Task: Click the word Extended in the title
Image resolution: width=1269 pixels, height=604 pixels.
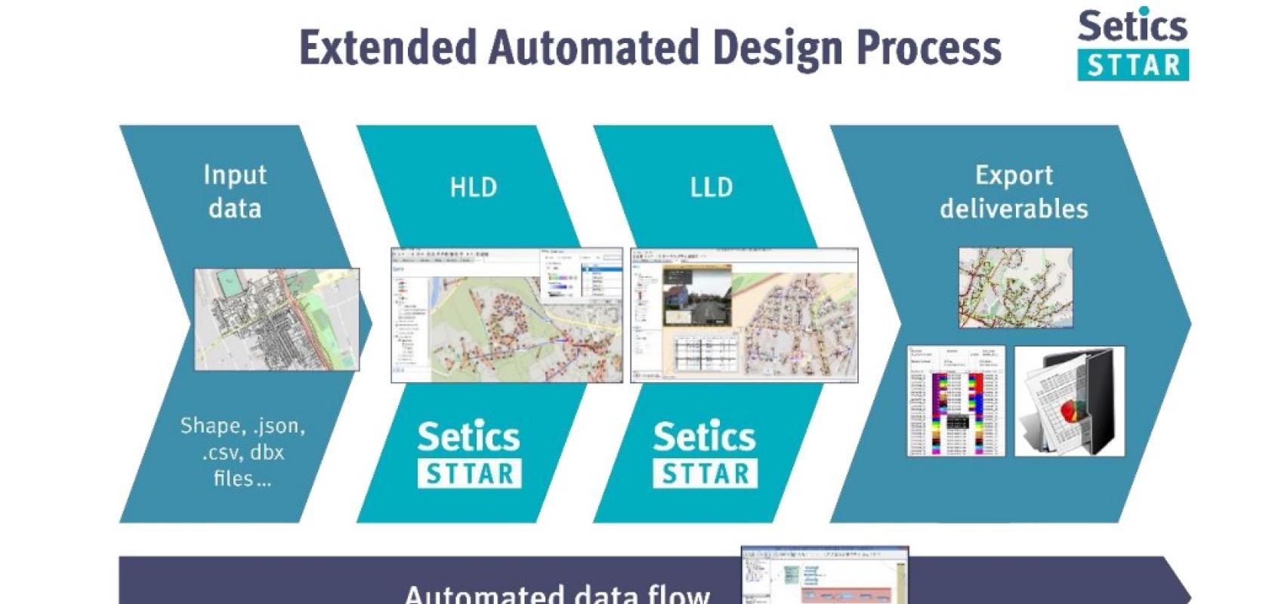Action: (388, 48)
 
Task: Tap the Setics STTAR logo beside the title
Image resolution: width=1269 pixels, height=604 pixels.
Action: (1132, 45)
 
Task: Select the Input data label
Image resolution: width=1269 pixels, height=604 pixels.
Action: (235, 192)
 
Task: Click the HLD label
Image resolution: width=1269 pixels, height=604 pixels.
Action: (474, 187)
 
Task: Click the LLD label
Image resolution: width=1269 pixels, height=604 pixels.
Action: (712, 187)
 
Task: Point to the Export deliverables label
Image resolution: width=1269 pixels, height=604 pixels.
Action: (1014, 192)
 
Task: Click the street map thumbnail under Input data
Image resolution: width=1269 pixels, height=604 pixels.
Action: (276, 319)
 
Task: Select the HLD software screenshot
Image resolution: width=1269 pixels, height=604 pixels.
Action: (507, 315)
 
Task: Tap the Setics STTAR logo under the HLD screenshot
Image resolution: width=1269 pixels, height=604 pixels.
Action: (469, 453)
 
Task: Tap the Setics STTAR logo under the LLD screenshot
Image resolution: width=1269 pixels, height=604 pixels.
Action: (705, 453)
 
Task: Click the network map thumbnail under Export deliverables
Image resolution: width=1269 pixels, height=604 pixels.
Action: (1015, 288)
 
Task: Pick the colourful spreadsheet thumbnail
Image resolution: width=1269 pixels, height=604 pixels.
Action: (956, 401)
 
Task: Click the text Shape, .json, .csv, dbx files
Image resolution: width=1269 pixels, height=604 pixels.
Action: (242, 451)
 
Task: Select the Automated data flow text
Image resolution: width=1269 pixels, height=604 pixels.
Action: (557, 593)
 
